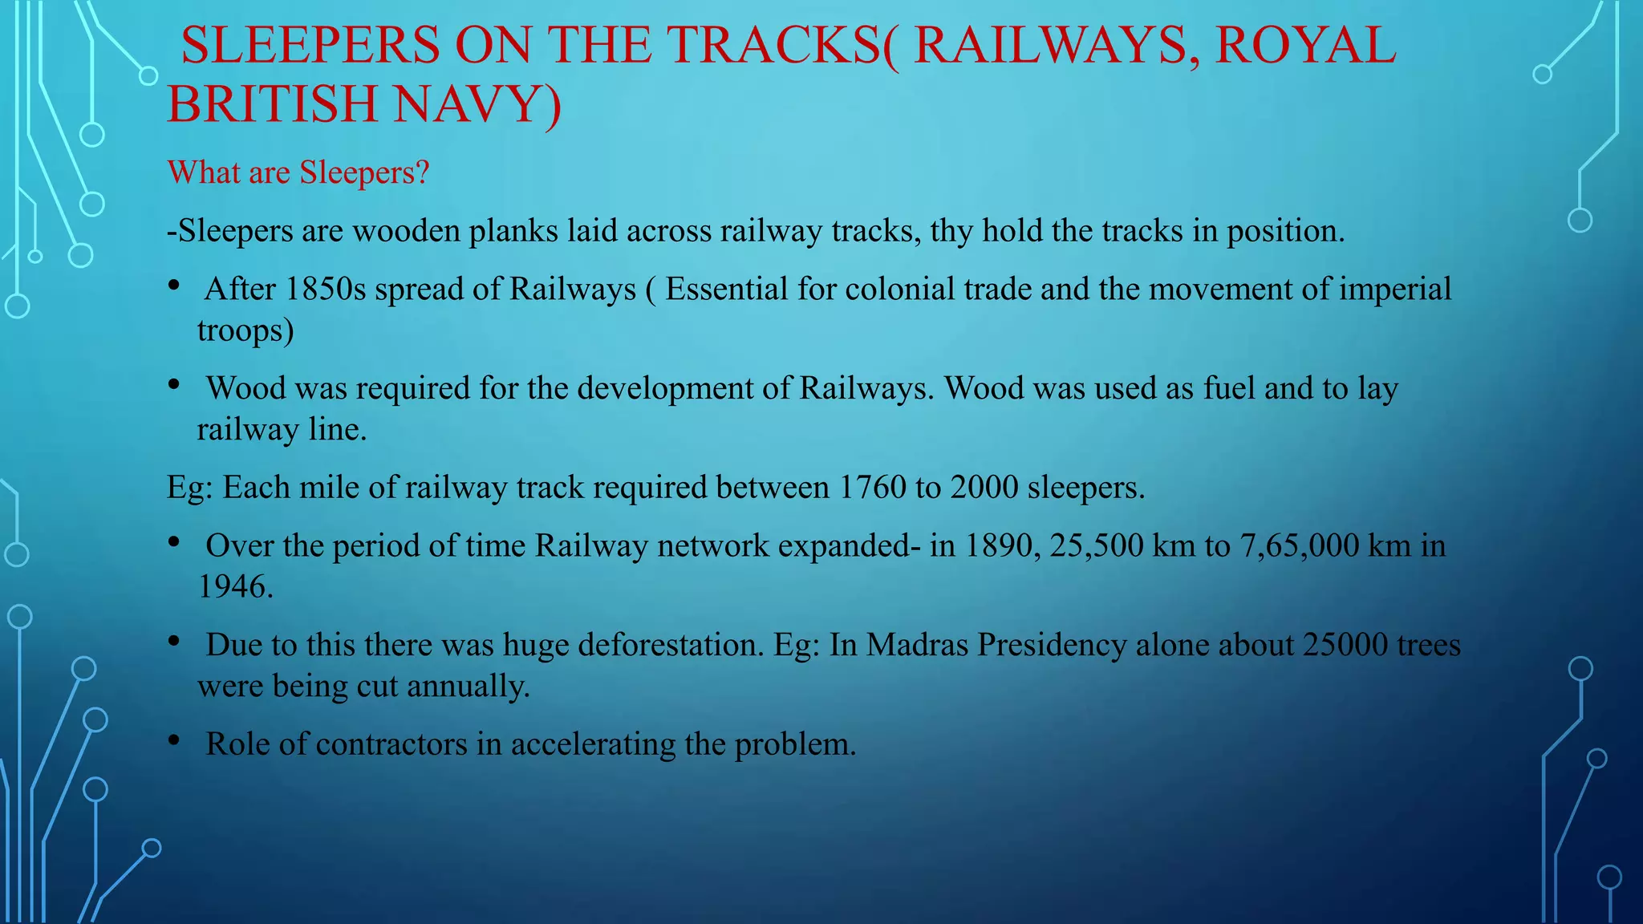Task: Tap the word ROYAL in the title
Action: coord(1305,45)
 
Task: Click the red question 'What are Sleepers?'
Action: coord(298,172)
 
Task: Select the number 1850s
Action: coord(325,290)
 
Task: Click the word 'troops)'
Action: coord(245,330)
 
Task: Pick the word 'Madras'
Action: coord(917,646)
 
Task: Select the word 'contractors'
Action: coord(391,744)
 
